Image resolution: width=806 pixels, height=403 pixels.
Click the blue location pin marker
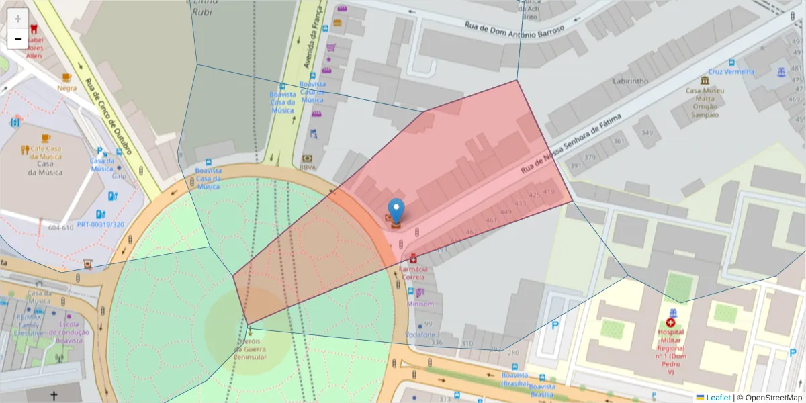[x=397, y=210]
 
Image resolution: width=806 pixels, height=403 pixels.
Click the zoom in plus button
[x=18, y=19]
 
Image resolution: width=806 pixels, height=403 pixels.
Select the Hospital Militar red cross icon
[x=670, y=323]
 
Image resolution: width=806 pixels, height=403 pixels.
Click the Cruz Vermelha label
[x=731, y=72]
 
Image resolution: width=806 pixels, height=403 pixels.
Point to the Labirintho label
[x=630, y=81]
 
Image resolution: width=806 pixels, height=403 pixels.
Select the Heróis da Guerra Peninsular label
[x=251, y=349]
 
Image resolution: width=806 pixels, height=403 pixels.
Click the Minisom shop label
[x=421, y=304]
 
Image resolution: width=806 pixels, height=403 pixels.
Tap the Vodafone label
[x=420, y=334]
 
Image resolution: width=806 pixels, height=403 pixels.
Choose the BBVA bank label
[x=308, y=167]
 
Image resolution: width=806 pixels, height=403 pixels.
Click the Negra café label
[x=67, y=88]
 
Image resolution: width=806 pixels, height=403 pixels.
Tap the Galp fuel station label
[x=119, y=177]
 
